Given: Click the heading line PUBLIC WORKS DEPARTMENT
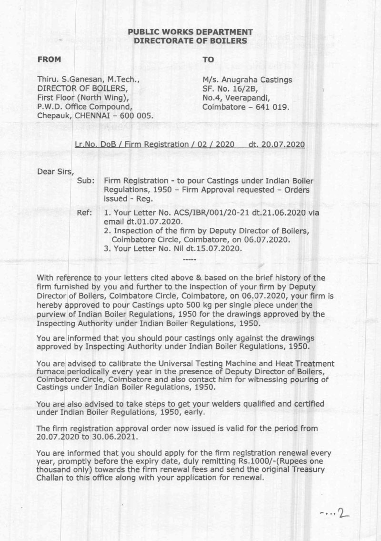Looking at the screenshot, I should click(x=190, y=32).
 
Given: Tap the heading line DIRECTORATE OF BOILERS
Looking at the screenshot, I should click(x=190, y=41).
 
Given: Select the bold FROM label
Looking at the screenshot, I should click(x=50, y=60).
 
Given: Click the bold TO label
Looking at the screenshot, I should click(x=208, y=60).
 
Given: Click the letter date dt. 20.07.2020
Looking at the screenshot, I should click(x=276, y=143).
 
